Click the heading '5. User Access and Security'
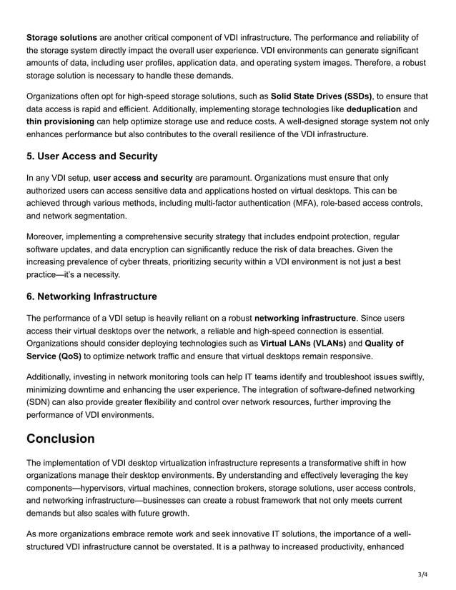click(91, 156)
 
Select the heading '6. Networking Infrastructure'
click(91, 296)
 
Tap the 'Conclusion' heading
click(60, 438)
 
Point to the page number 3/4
click(423, 574)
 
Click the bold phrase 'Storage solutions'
click(61, 36)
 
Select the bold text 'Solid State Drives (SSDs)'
click(322, 96)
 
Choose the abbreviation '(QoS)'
click(66, 356)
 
